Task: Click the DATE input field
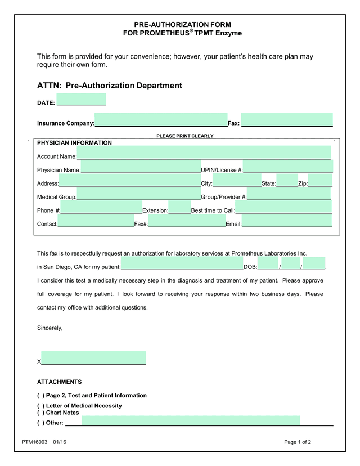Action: tap(81, 100)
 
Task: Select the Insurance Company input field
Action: tap(161, 120)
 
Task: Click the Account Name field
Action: tap(204, 153)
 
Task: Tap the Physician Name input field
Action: tap(141, 167)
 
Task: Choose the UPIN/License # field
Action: tap(287, 167)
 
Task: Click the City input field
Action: tap(237, 180)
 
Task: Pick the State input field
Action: tap(287, 180)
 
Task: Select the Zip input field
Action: tap(320, 180)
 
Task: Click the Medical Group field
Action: tap(138, 194)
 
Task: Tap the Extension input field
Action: tap(179, 207)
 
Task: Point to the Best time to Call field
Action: tap(283, 207)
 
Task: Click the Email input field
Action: tap(286, 221)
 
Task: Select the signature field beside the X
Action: tap(93, 358)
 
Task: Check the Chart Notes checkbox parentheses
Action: tap(40, 413)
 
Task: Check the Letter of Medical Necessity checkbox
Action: tap(40, 406)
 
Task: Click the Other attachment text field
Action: tap(191, 420)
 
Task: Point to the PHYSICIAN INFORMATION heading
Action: tap(74, 143)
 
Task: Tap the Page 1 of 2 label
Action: tap(298, 442)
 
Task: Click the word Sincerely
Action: tap(49, 328)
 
